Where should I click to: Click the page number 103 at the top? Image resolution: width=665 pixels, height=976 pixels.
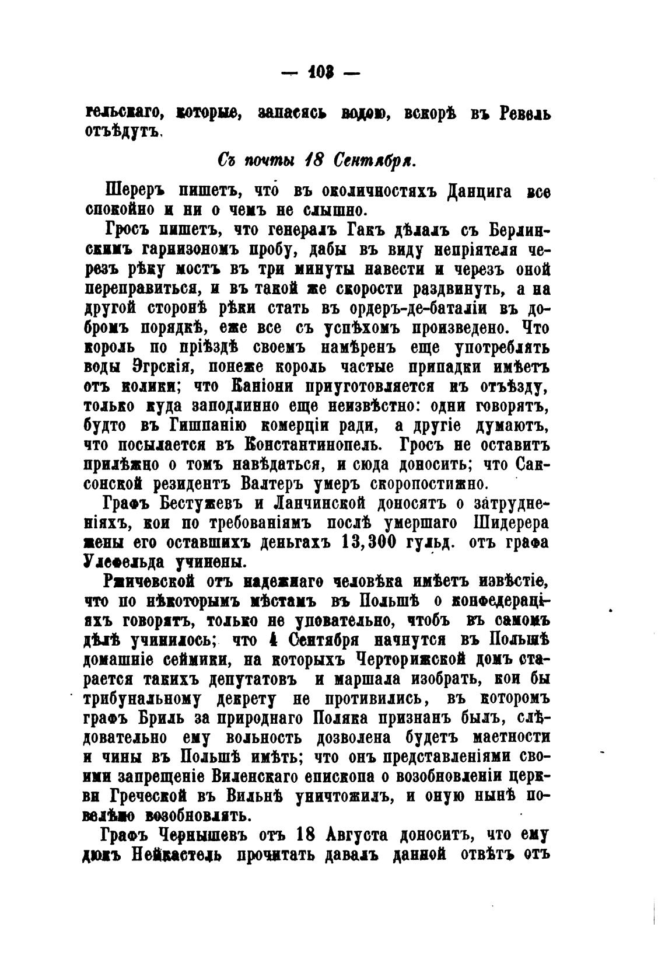point(321,75)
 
